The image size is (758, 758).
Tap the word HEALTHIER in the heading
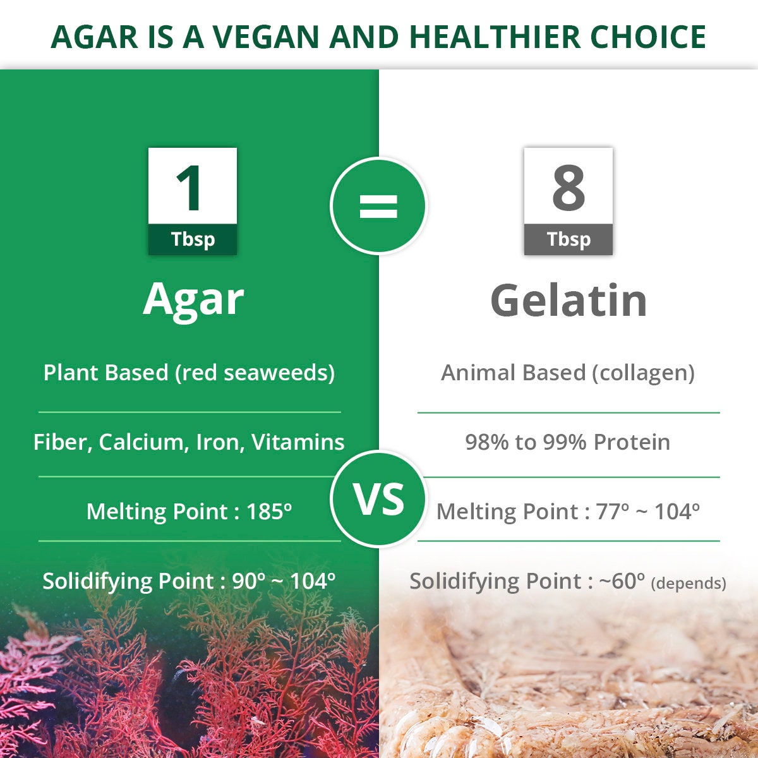(x=495, y=37)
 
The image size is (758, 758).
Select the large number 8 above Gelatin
(x=568, y=188)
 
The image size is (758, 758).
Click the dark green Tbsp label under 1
(x=193, y=239)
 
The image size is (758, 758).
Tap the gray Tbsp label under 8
(x=568, y=239)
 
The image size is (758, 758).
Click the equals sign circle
(x=378, y=206)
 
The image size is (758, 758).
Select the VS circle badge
(x=378, y=500)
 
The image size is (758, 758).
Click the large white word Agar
(x=193, y=300)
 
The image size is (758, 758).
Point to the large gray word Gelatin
(x=568, y=300)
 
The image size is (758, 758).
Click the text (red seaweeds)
(x=255, y=373)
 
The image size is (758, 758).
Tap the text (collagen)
(x=643, y=373)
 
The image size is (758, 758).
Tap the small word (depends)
(x=688, y=583)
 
